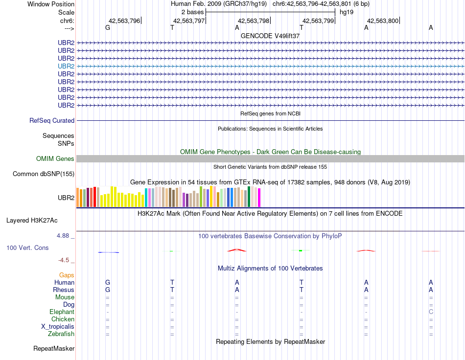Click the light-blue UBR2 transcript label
pyautogui.click(x=66, y=66)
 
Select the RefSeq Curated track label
pyautogui.click(x=52, y=121)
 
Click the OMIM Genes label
pyautogui.click(x=55, y=159)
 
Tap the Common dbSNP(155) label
pyautogui.click(x=44, y=174)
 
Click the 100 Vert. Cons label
pyautogui.click(x=27, y=248)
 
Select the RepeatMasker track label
pyautogui.click(x=54, y=349)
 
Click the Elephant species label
pyautogui.click(x=62, y=312)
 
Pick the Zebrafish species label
pyautogui.click(x=61, y=334)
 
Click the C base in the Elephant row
pyautogui.click(x=431, y=312)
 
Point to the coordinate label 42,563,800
pyautogui.click(x=383, y=21)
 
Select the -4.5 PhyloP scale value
pyautogui.click(x=66, y=260)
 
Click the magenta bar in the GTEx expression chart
pyautogui.click(x=259, y=198)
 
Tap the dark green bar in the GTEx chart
pyautogui.click(x=249, y=197)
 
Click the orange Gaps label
pyautogui.click(x=67, y=275)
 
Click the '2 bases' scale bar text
pyautogui.click(x=192, y=11)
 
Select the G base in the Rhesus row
pyautogui.click(x=108, y=290)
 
